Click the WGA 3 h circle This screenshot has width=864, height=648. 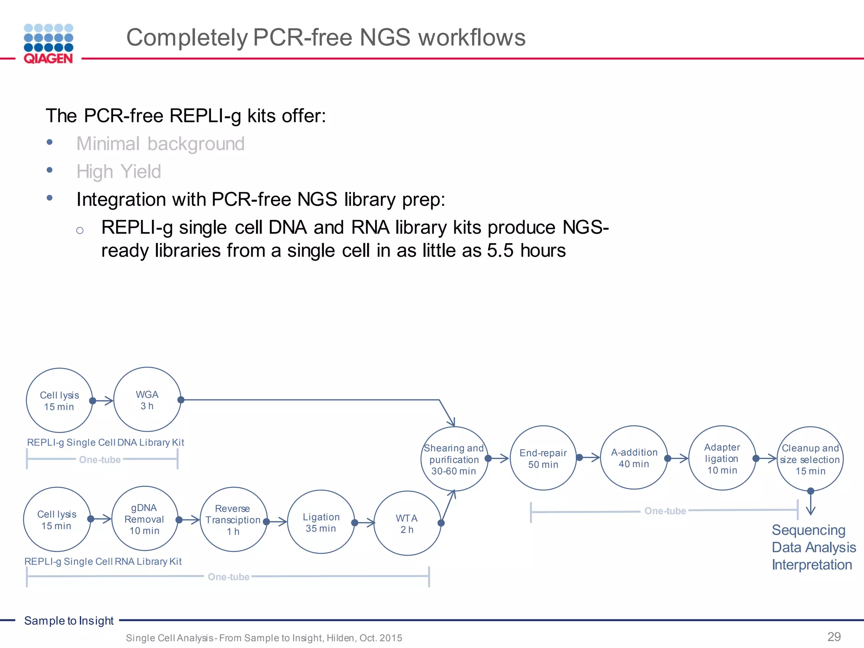pos(147,400)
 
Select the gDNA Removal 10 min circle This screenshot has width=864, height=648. pos(144,519)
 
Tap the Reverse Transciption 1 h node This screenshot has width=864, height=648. pos(233,519)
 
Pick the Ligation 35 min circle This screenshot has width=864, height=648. pos(321,522)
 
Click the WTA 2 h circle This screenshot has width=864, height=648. pos(407,524)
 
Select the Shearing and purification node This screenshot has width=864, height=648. pos(454,459)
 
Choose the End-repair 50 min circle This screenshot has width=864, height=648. pos(543,458)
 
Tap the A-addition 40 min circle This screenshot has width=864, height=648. pos(634,458)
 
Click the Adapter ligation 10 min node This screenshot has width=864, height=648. pos(722,458)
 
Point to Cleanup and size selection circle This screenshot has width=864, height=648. pos(810,459)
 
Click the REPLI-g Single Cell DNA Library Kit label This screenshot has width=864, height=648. pos(105,442)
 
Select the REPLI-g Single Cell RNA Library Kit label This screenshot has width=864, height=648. pos(103,562)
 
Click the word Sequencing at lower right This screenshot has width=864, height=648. pos(808,530)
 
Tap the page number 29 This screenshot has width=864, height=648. pos(834,636)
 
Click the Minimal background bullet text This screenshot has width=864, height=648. pos(160,144)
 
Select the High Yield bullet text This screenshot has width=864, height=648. pos(119,172)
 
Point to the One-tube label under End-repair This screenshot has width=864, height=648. pos(665,511)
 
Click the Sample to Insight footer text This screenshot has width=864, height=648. pos(69,621)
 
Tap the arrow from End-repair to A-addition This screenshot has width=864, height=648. pos(589,457)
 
